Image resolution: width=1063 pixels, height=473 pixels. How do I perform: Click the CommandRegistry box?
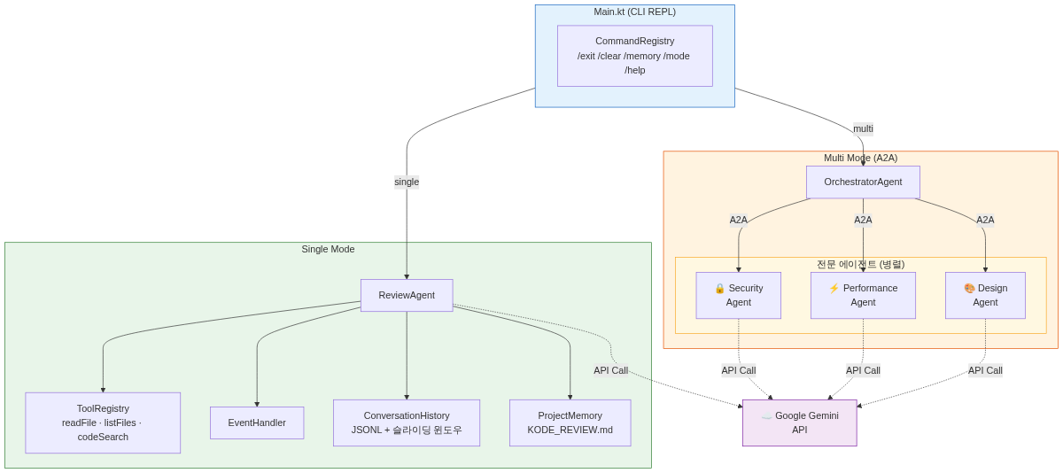(x=634, y=56)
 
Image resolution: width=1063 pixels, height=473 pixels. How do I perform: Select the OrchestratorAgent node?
(x=863, y=182)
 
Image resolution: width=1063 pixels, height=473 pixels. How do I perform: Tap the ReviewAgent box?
(x=407, y=295)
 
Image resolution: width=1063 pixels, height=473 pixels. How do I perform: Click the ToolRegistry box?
(x=103, y=423)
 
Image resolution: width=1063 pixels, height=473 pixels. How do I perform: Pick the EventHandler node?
(x=257, y=423)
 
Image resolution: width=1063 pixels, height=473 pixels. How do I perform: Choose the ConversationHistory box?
(x=407, y=423)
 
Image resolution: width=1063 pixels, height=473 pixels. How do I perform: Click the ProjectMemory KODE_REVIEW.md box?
(x=570, y=423)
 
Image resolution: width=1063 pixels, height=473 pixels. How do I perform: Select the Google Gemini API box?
(x=799, y=423)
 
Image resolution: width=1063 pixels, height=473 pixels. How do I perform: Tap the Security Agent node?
(x=738, y=295)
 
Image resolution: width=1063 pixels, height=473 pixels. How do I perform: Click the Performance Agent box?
(x=863, y=295)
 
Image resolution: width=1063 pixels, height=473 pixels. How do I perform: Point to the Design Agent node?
(x=985, y=295)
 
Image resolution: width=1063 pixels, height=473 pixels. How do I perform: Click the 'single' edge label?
(x=407, y=182)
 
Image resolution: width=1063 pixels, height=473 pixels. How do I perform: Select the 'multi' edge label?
(x=863, y=128)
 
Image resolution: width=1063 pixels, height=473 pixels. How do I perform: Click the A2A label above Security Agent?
(x=738, y=220)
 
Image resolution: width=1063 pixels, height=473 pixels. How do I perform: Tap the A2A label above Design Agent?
(x=985, y=220)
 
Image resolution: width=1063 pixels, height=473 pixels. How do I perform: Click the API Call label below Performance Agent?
(x=863, y=370)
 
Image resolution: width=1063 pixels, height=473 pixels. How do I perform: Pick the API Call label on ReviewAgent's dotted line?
(x=610, y=370)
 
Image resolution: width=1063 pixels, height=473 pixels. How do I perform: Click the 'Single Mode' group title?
(x=328, y=249)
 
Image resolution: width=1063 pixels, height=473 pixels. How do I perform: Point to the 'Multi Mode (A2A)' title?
(x=860, y=158)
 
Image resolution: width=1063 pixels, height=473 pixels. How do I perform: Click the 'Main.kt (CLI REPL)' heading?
(x=634, y=12)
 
